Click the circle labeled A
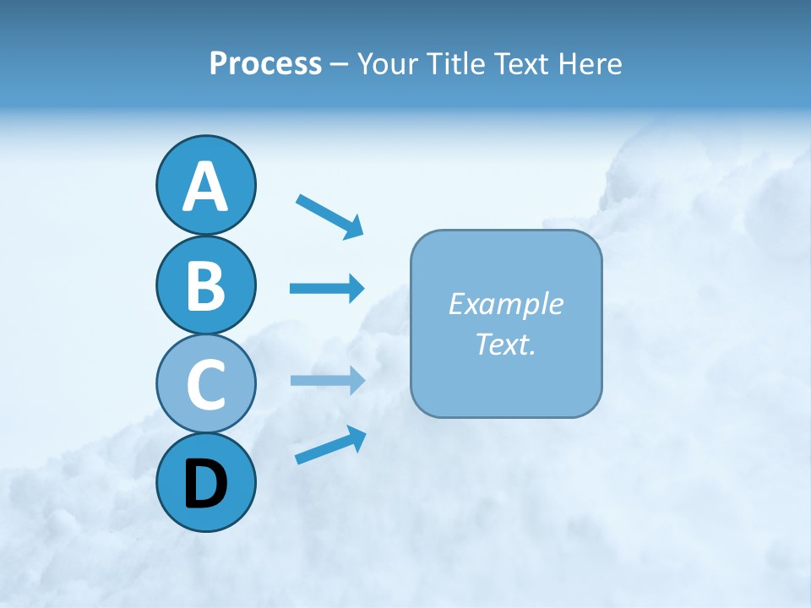[x=205, y=185]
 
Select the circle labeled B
[x=205, y=285]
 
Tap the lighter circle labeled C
[x=205, y=383]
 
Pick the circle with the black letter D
[x=205, y=482]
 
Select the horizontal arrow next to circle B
[x=326, y=288]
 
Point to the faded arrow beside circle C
[x=326, y=381]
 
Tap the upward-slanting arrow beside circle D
[x=329, y=445]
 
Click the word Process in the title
[x=265, y=64]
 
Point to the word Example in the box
[x=505, y=304]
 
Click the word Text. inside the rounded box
[x=505, y=345]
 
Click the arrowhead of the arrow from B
[x=356, y=288]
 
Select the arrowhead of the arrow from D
[x=357, y=437]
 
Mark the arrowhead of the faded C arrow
[x=356, y=381]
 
